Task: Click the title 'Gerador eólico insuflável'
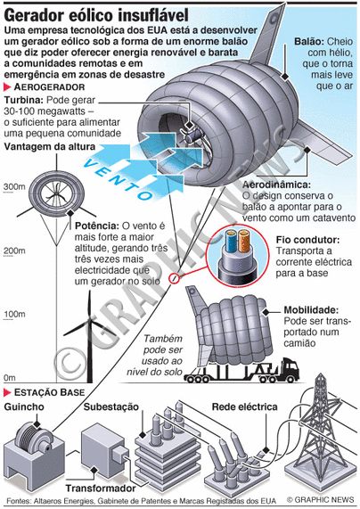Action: [x=96, y=15]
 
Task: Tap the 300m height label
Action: [x=14, y=187]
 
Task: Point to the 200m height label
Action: [x=14, y=250]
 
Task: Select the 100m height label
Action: [x=14, y=315]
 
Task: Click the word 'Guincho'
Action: [x=24, y=406]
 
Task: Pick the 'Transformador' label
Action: [x=101, y=488]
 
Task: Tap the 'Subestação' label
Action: [x=111, y=406]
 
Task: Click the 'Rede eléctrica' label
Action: [x=244, y=406]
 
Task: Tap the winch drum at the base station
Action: [x=32, y=437]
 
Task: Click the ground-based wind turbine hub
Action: [x=90, y=321]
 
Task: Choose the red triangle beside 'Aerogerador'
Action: [x=7, y=87]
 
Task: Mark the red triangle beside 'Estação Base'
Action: [x=7, y=392]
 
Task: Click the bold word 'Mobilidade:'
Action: [x=311, y=309]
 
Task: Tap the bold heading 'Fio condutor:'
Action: [x=307, y=240]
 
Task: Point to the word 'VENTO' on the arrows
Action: [x=119, y=179]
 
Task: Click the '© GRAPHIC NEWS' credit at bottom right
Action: [x=321, y=499]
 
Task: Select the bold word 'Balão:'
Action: [x=309, y=42]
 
